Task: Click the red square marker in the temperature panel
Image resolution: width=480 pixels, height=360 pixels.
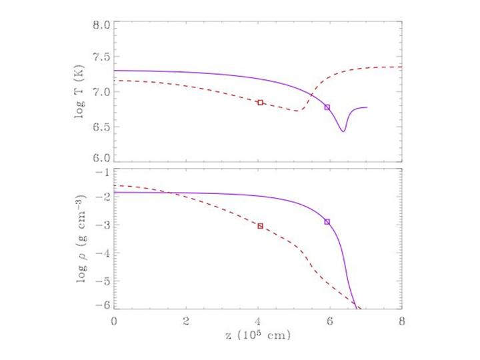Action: click(260, 103)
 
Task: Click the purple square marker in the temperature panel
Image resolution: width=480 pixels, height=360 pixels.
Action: click(327, 107)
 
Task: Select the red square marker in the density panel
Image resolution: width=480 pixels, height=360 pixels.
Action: click(260, 226)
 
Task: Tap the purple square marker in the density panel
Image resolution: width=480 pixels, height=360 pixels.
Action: click(327, 221)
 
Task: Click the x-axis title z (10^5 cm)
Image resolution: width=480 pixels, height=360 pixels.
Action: click(258, 335)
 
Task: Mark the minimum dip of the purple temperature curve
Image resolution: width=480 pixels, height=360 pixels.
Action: click(343, 131)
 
